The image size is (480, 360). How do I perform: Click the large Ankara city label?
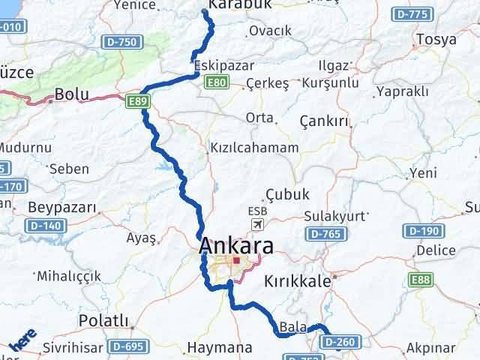[x=236, y=246]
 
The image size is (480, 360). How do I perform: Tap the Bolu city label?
[x=72, y=95]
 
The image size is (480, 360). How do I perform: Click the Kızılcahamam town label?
[x=254, y=148]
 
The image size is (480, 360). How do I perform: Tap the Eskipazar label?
[x=223, y=66]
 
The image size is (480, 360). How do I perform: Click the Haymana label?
[x=219, y=347]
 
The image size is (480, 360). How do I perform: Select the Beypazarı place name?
[x=62, y=206]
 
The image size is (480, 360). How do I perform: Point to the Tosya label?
[x=436, y=39]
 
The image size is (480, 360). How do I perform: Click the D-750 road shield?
[x=119, y=42]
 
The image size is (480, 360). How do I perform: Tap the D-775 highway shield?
[x=413, y=14]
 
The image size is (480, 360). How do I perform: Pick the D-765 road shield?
[x=326, y=235]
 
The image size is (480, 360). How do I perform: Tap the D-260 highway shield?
[x=341, y=341]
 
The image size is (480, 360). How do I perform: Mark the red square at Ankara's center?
[x=236, y=262]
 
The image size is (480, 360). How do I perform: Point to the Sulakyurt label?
[x=335, y=216]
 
